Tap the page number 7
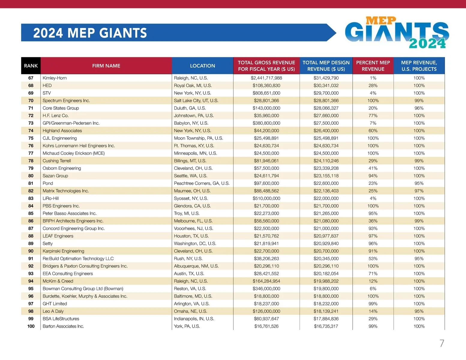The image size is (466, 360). tap(442, 343)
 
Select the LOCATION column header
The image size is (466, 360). tap(202, 66)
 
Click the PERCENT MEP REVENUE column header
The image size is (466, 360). tap(373, 66)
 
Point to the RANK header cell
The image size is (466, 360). tap(31, 66)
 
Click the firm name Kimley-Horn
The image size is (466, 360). tap(55, 78)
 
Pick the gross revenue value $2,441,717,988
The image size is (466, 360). tap(266, 78)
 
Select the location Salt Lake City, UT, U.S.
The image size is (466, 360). tap(196, 100)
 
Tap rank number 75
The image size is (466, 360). tap(31, 138)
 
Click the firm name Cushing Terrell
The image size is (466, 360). tap(57, 161)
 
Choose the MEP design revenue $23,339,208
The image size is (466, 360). tap(326, 168)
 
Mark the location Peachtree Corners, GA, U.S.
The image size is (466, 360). tap(202, 183)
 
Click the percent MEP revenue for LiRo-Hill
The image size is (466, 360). tap(373, 198)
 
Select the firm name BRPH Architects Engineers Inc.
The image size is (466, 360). tap(73, 221)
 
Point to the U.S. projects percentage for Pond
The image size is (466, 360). tap(419, 183)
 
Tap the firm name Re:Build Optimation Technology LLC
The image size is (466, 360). tap(78, 259)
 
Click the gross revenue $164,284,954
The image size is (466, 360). tap(266, 281)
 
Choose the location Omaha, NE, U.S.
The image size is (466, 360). tap(191, 311)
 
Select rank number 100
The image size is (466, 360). tap(31, 326)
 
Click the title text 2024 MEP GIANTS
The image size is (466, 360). tap(90, 33)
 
